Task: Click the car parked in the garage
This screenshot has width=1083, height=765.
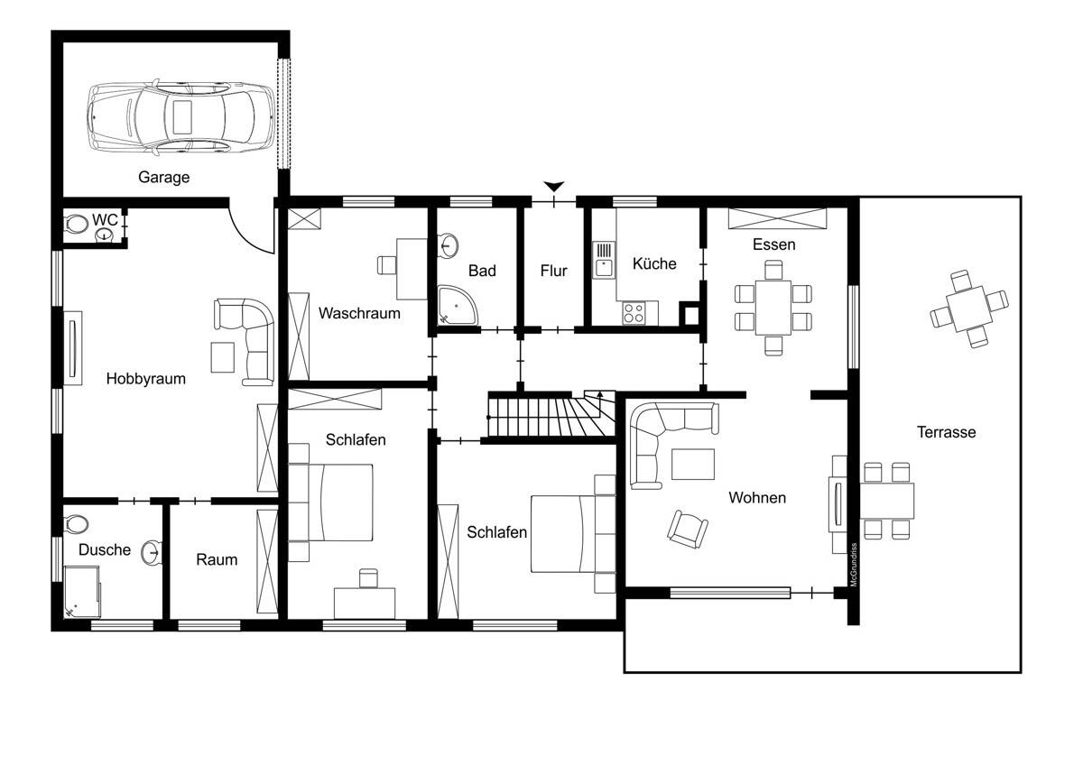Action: pyautogui.click(x=180, y=117)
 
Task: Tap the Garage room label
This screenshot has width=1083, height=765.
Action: pyautogui.click(x=164, y=178)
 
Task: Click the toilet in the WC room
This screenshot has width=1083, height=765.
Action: pyautogui.click(x=74, y=225)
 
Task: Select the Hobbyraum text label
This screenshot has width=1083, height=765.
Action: pyautogui.click(x=146, y=378)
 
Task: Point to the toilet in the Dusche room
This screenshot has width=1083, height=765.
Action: pyautogui.click(x=75, y=523)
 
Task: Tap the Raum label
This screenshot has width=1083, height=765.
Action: pyautogui.click(x=217, y=559)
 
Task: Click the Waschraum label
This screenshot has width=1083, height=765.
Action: pyautogui.click(x=359, y=313)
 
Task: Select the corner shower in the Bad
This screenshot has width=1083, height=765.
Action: pyautogui.click(x=458, y=305)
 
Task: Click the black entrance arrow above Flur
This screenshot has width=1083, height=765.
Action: pyautogui.click(x=553, y=186)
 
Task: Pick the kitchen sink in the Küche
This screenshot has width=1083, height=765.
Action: pyautogui.click(x=604, y=261)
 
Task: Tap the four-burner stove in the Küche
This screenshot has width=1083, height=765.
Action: pyautogui.click(x=634, y=313)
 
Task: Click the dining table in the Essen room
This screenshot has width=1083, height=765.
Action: pyautogui.click(x=773, y=308)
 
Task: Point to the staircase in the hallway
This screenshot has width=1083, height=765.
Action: pyautogui.click(x=551, y=416)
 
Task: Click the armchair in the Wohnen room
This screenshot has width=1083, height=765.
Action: pyautogui.click(x=687, y=530)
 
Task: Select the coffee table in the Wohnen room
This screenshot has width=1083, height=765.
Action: pyautogui.click(x=693, y=464)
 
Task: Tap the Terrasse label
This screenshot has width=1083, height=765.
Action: pyautogui.click(x=946, y=432)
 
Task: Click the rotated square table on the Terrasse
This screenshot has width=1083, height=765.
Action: pyautogui.click(x=969, y=309)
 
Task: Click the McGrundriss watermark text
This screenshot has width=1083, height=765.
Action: pyautogui.click(x=854, y=565)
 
